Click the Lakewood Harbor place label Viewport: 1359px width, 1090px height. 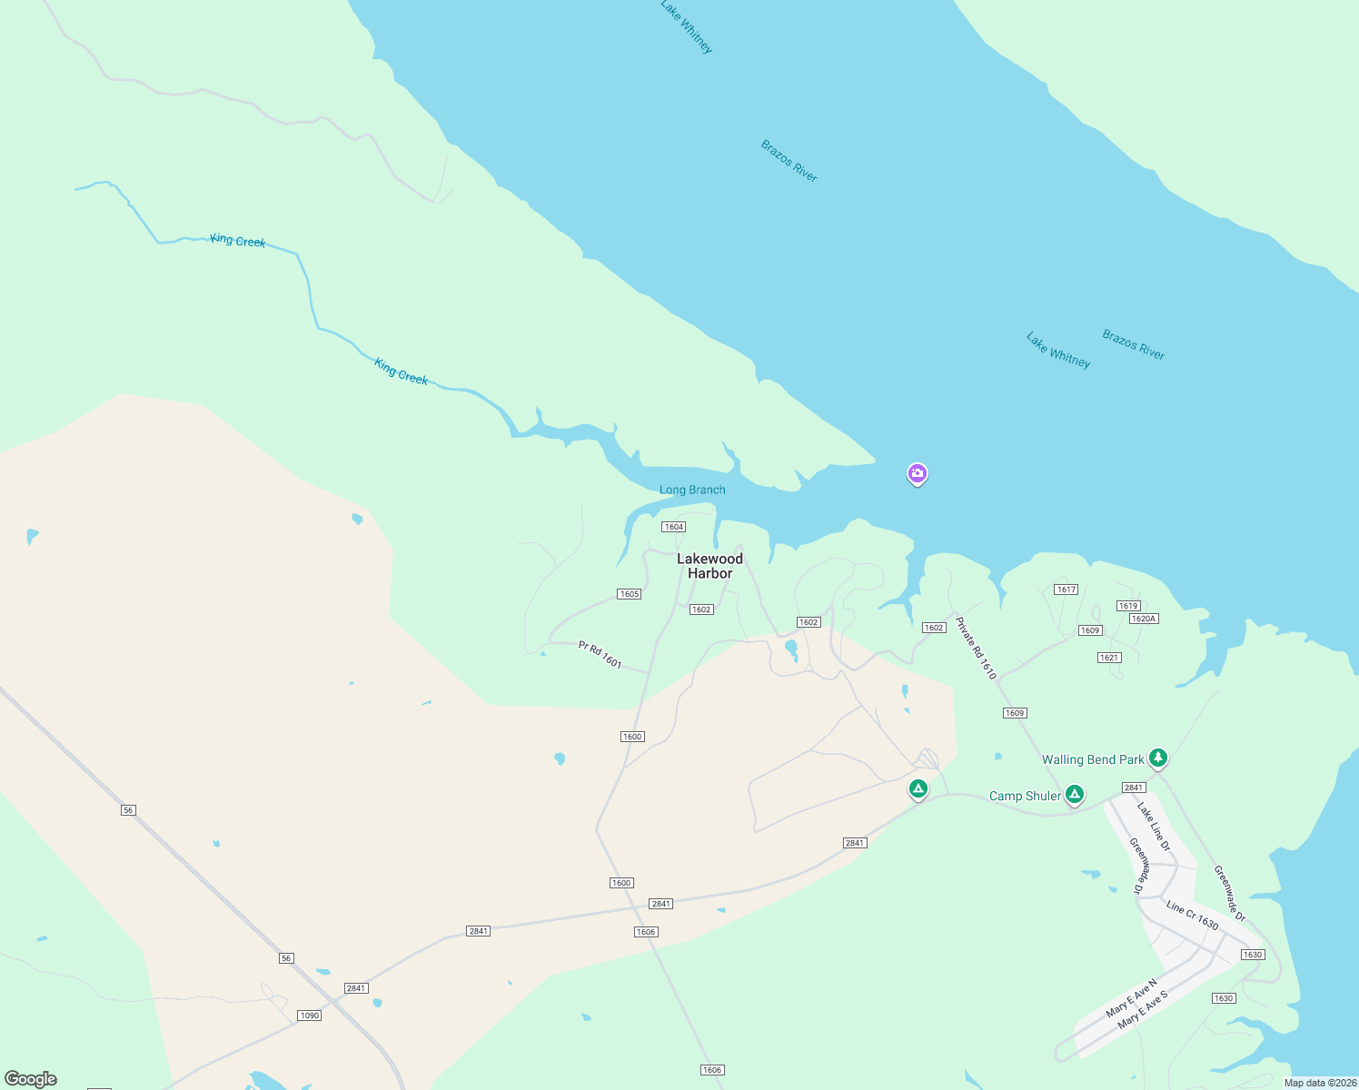[x=709, y=566]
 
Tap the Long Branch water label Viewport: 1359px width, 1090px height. [x=692, y=490]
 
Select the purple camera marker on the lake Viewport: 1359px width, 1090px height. [x=918, y=473]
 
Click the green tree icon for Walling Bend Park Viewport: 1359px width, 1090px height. [x=1157, y=757]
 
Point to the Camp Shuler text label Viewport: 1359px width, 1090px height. [x=1025, y=796]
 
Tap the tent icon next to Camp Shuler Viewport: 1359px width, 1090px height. [x=1075, y=795]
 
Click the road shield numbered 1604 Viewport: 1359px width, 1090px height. [x=673, y=527]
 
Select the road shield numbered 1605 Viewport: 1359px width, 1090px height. [x=629, y=594]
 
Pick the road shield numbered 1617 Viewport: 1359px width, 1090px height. [x=1066, y=590]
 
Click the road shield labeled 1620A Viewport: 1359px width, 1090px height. [x=1143, y=619]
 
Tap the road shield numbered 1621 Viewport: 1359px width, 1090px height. [x=1109, y=658]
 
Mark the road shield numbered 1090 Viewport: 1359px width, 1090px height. [x=310, y=1016]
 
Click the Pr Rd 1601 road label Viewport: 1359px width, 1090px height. [x=600, y=655]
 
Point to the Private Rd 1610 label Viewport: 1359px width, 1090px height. [x=976, y=649]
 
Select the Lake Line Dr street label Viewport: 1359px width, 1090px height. [x=1154, y=827]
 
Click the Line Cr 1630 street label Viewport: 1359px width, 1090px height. [x=1192, y=916]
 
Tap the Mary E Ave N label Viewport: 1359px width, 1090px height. [x=1131, y=997]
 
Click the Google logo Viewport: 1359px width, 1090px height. [x=31, y=1079]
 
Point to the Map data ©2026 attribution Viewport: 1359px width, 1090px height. [x=1320, y=1083]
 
